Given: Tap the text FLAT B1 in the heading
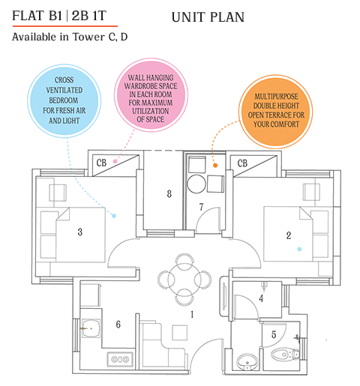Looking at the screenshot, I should click(x=38, y=16).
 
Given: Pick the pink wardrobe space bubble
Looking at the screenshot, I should click(x=146, y=98).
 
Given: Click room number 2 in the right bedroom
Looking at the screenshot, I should click(x=288, y=235).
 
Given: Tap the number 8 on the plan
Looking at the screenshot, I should click(x=169, y=194).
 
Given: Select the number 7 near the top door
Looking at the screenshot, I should click(x=201, y=207).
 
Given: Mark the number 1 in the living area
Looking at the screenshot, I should click(x=193, y=315).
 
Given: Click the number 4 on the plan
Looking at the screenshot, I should click(x=261, y=298).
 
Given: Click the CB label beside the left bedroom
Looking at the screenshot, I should click(x=101, y=163).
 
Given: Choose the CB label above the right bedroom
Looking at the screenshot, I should click(x=244, y=162).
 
